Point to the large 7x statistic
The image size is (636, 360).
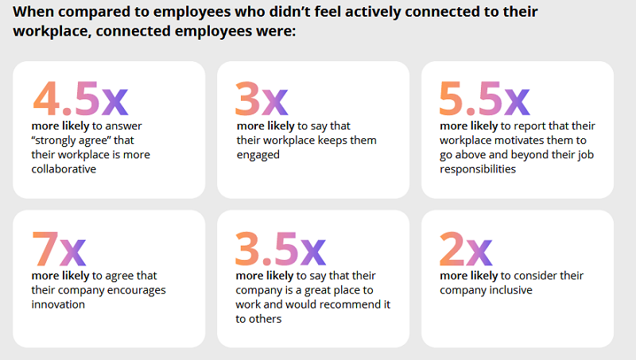[x=58, y=250]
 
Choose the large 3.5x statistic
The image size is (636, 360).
[x=281, y=250]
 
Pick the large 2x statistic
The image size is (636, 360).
[x=466, y=250]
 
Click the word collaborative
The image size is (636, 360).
[x=63, y=168]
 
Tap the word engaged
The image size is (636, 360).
[x=258, y=154]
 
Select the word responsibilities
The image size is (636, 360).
[x=476, y=168]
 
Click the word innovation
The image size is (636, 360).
[x=58, y=304]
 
